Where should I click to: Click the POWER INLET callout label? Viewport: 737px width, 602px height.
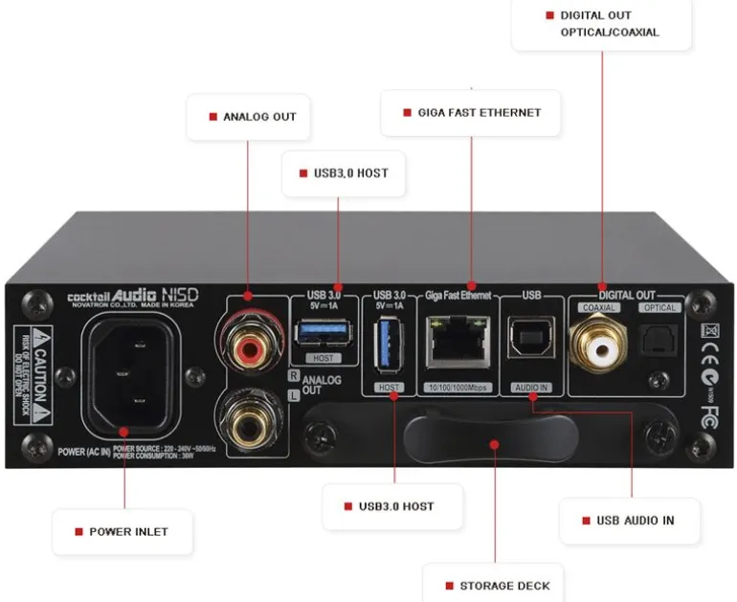coord(123,531)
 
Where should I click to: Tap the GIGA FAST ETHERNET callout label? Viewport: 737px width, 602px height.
coord(472,112)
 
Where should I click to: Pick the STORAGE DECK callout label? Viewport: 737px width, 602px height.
coord(497,585)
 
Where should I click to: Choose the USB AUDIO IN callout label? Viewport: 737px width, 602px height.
coord(629,520)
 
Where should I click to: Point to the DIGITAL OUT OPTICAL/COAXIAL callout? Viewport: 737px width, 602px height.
coord(601,24)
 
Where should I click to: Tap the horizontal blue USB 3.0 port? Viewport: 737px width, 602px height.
coord(324,332)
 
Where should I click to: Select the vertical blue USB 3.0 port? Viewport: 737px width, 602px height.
coord(390,346)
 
